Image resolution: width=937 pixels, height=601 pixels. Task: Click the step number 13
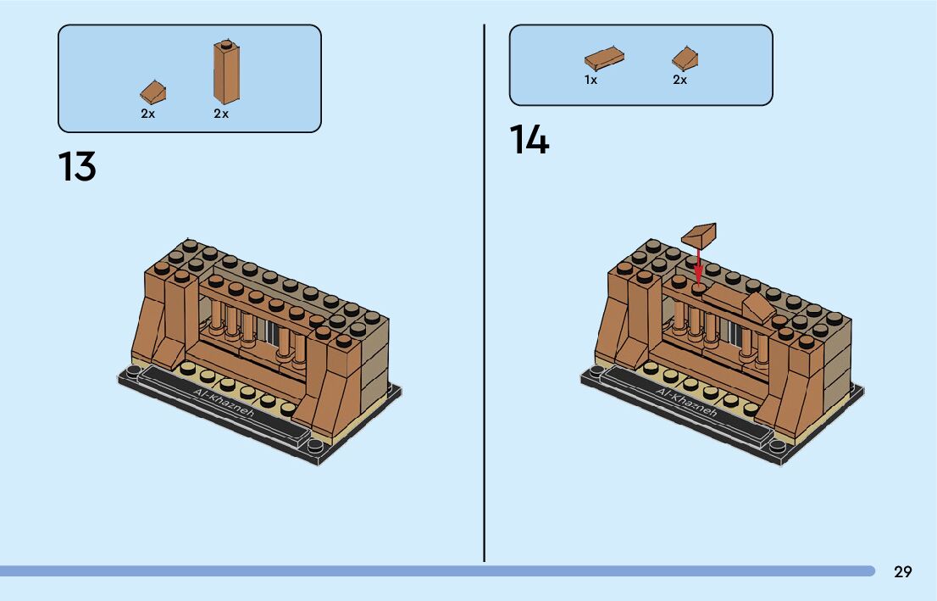[x=77, y=167]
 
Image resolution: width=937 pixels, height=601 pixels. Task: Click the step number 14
[x=529, y=140]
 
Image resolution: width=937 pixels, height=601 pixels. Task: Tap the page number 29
[x=903, y=571]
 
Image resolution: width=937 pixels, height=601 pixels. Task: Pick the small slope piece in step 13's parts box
[x=152, y=92]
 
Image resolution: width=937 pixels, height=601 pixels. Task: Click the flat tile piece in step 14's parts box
[x=604, y=58]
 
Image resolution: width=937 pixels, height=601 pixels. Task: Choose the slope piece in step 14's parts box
[x=685, y=58]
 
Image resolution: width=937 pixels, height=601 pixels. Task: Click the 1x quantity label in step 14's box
[x=590, y=80]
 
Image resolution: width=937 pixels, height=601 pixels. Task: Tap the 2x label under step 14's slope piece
[x=679, y=80]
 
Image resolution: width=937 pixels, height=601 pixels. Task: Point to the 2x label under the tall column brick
[x=221, y=114]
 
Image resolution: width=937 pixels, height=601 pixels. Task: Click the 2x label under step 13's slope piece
[x=148, y=114]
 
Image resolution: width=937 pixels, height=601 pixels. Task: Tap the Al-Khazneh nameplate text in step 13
[x=225, y=406]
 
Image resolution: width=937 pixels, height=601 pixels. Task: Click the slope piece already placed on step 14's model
[x=758, y=310]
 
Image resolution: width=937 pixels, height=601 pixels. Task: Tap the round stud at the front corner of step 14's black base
[x=778, y=442]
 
